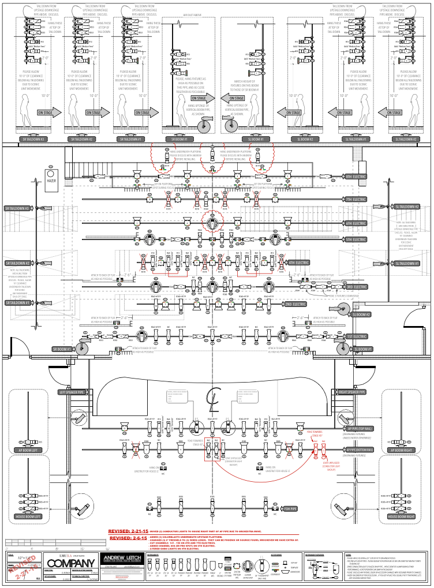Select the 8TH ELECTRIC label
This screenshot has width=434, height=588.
tap(356, 176)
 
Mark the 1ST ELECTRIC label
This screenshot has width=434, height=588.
tap(356, 336)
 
